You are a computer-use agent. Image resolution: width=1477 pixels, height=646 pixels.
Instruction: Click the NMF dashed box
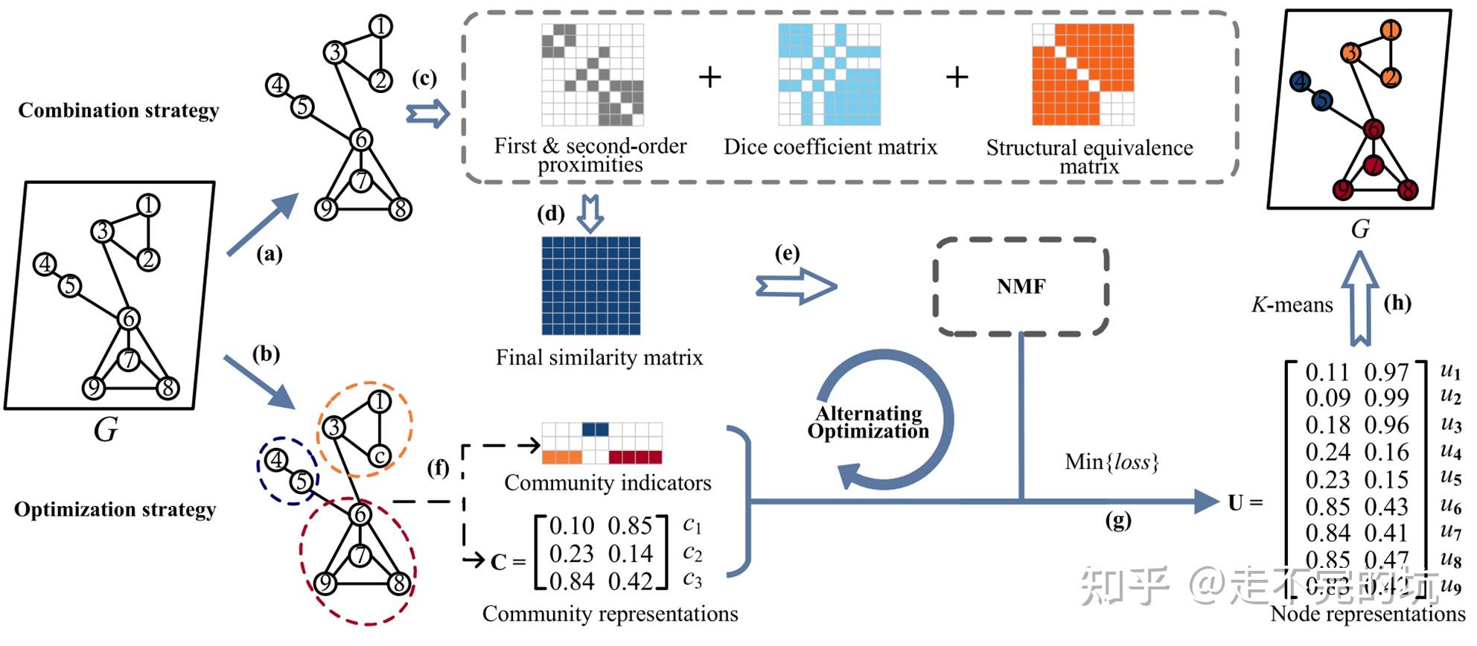pos(1021,287)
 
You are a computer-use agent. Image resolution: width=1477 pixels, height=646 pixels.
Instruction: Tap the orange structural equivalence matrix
pos(1082,74)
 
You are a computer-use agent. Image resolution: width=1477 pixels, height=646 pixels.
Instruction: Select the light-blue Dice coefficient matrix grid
pos(829,74)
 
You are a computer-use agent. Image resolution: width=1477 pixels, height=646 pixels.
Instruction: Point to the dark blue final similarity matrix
pos(591,286)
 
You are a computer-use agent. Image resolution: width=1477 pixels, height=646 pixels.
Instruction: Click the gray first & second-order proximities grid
pos(593,74)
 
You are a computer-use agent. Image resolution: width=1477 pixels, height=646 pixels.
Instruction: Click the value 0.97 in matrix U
pos(1386,372)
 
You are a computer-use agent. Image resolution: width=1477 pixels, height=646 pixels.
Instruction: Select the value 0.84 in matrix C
pos(572,581)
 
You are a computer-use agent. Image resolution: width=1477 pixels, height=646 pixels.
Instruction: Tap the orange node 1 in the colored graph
pos(1390,31)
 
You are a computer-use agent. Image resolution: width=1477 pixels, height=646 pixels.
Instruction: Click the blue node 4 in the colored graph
pos(1300,81)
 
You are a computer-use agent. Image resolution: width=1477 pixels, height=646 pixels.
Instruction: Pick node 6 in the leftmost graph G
pos(129,319)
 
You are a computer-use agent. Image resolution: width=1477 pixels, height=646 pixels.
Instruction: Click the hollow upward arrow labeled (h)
pos(1360,298)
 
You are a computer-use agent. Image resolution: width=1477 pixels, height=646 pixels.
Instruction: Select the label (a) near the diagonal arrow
pos(269,255)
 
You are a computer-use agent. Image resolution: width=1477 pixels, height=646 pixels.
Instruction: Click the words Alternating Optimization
pos(868,423)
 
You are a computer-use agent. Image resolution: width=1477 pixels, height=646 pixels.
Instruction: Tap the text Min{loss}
pos(1112,462)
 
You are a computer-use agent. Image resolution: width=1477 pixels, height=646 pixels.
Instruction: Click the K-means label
pos(1292,305)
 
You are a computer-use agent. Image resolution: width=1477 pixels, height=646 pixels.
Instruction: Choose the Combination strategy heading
pos(118,111)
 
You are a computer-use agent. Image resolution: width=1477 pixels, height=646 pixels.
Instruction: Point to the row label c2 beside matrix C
pos(692,554)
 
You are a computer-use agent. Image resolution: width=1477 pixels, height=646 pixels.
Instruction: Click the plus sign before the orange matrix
pos(957,77)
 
